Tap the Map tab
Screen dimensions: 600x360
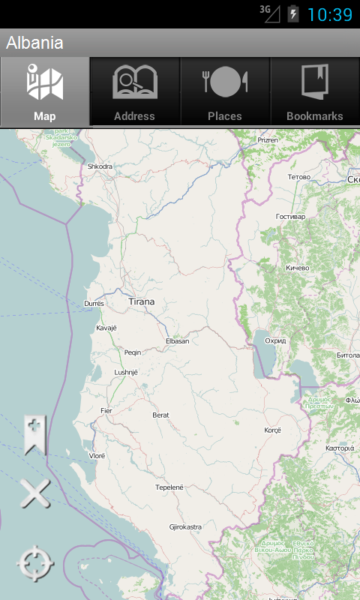[45, 91]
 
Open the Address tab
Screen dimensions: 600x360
[135, 91]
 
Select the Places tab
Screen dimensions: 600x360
[225, 91]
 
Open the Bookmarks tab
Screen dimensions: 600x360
[315, 91]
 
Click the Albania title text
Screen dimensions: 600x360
[34, 43]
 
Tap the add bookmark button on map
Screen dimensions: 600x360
[34, 435]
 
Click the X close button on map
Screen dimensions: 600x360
[34, 494]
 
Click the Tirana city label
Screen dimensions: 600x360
[142, 301]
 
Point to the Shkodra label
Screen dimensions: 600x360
[100, 166]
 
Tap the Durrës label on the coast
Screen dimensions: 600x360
[95, 304]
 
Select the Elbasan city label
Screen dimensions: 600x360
[177, 341]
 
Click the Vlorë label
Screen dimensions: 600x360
[97, 455]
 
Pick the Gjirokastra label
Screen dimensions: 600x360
[185, 527]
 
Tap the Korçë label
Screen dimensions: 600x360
[272, 430]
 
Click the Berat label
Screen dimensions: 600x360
[160, 415]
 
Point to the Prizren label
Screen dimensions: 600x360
[268, 140]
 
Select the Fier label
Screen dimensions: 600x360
[106, 410]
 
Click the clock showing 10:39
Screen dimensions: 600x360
[329, 14]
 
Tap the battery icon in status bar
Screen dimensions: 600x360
[293, 13]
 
